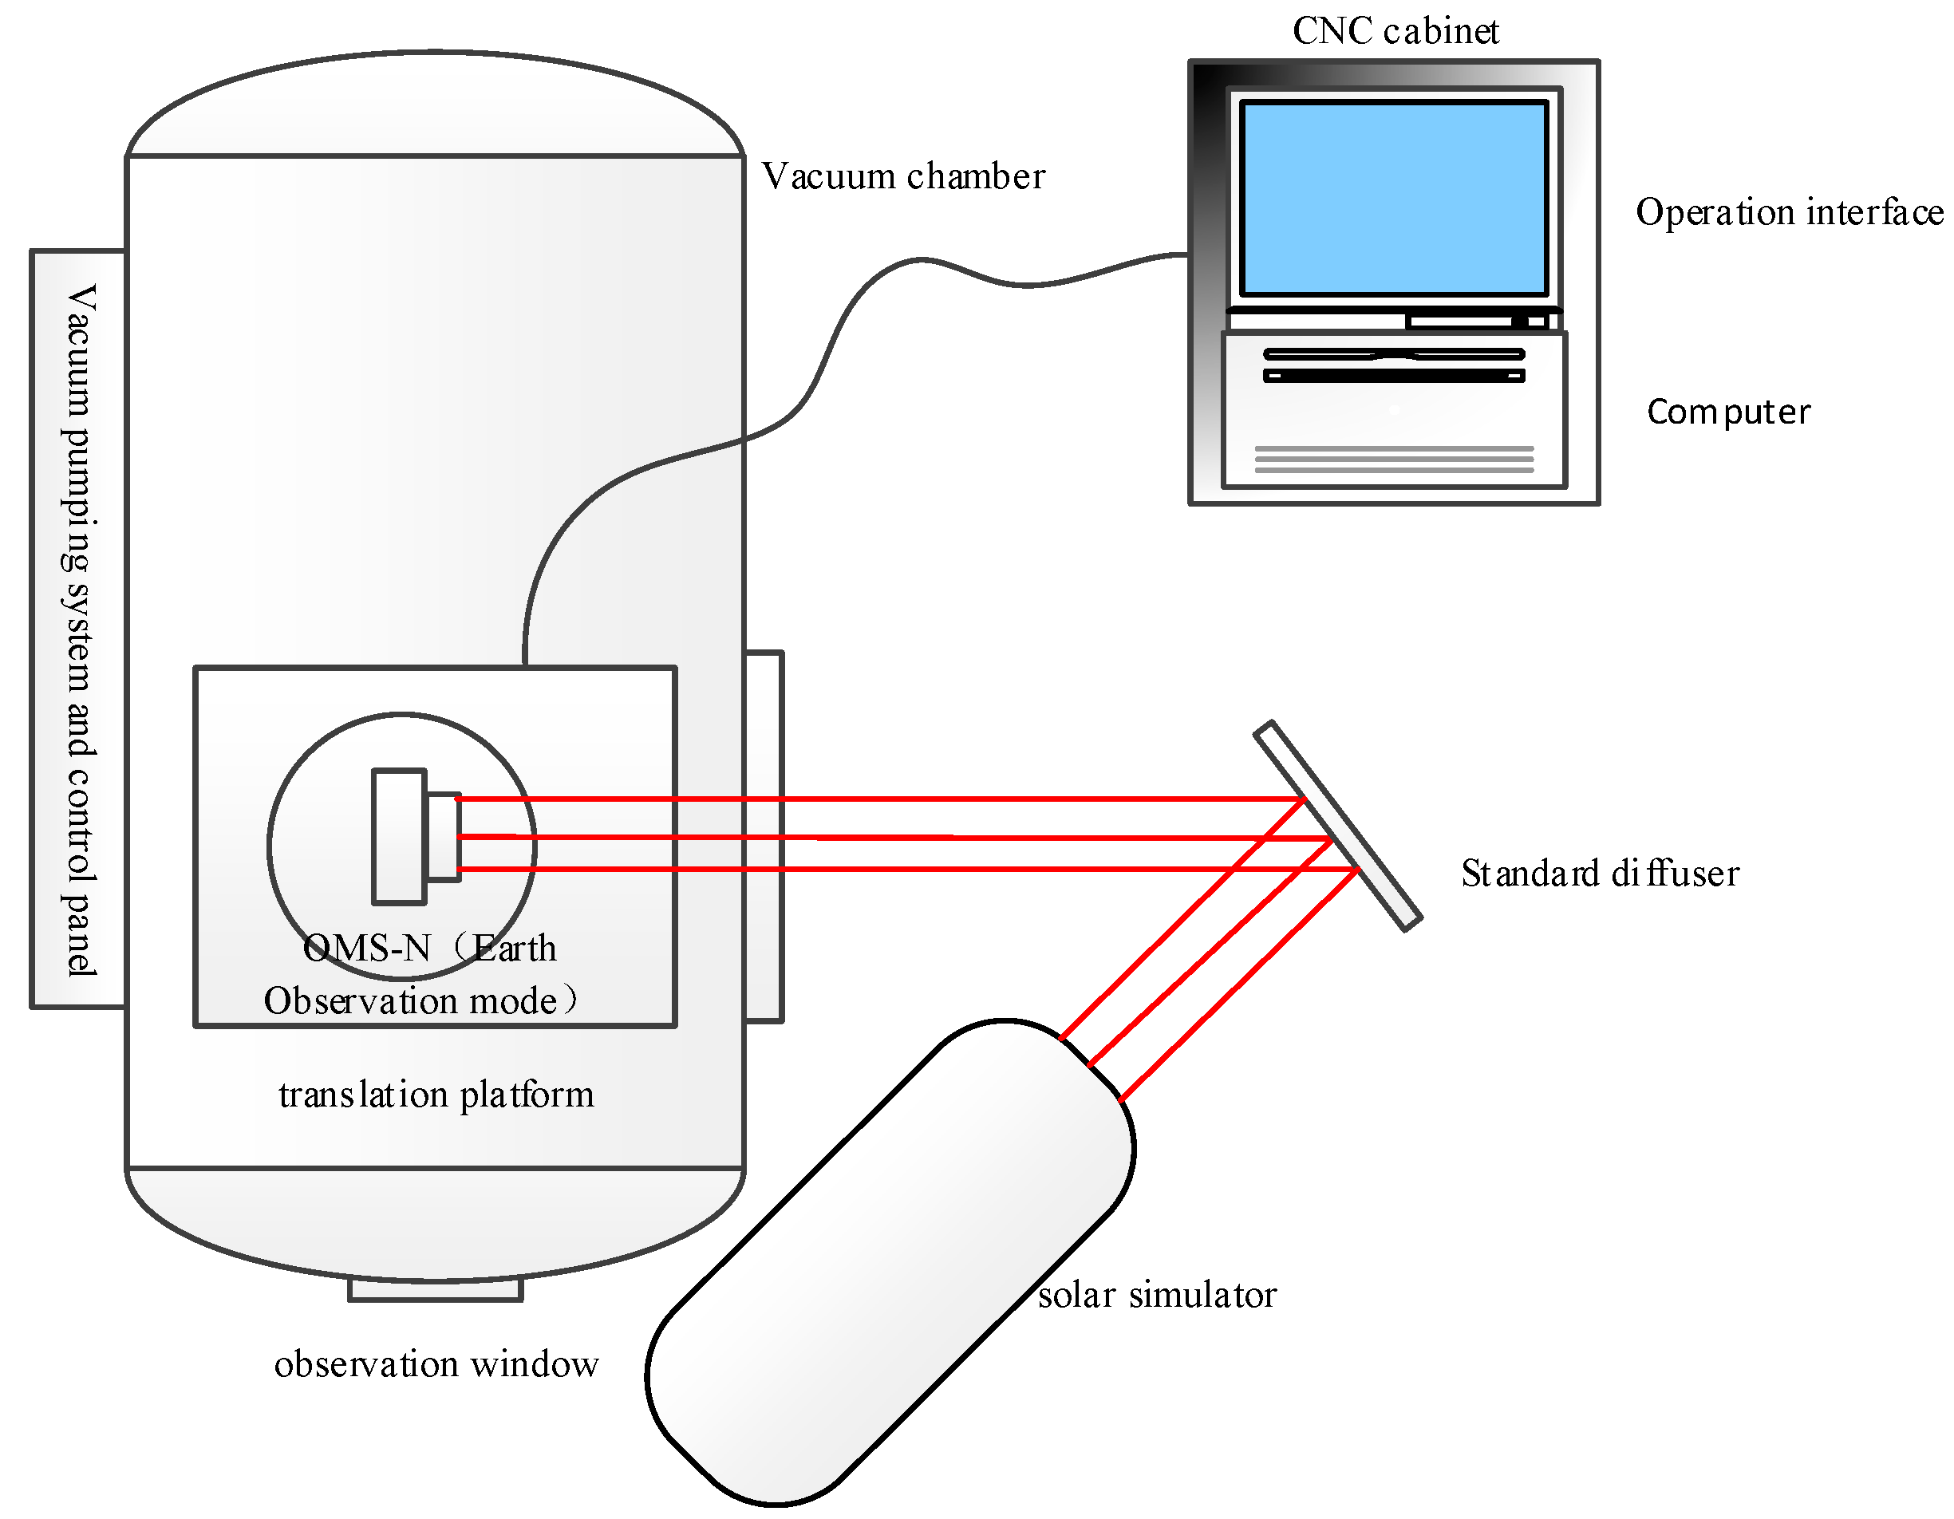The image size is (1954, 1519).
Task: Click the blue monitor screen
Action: tap(1393, 199)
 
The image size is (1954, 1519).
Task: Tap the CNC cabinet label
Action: tap(1395, 31)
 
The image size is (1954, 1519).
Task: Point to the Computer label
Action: tap(1727, 412)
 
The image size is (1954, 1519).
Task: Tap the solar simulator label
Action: tap(1157, 1296)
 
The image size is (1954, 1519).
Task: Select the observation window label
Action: tap(436, 1364)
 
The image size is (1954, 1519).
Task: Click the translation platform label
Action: tap(436, 1095)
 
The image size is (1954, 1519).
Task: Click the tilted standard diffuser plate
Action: tap(1337, 825)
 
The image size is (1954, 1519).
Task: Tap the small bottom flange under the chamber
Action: tap(436, 1290)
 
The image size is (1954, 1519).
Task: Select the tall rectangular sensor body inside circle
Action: tap(399, 836)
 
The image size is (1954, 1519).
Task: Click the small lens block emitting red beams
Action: tap(444, 836)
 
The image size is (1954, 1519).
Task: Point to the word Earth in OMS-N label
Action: tap(515, 949)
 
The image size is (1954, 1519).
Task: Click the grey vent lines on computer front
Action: tap(1394, 459)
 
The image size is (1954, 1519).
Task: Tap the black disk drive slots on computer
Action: tap(1393, 365)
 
